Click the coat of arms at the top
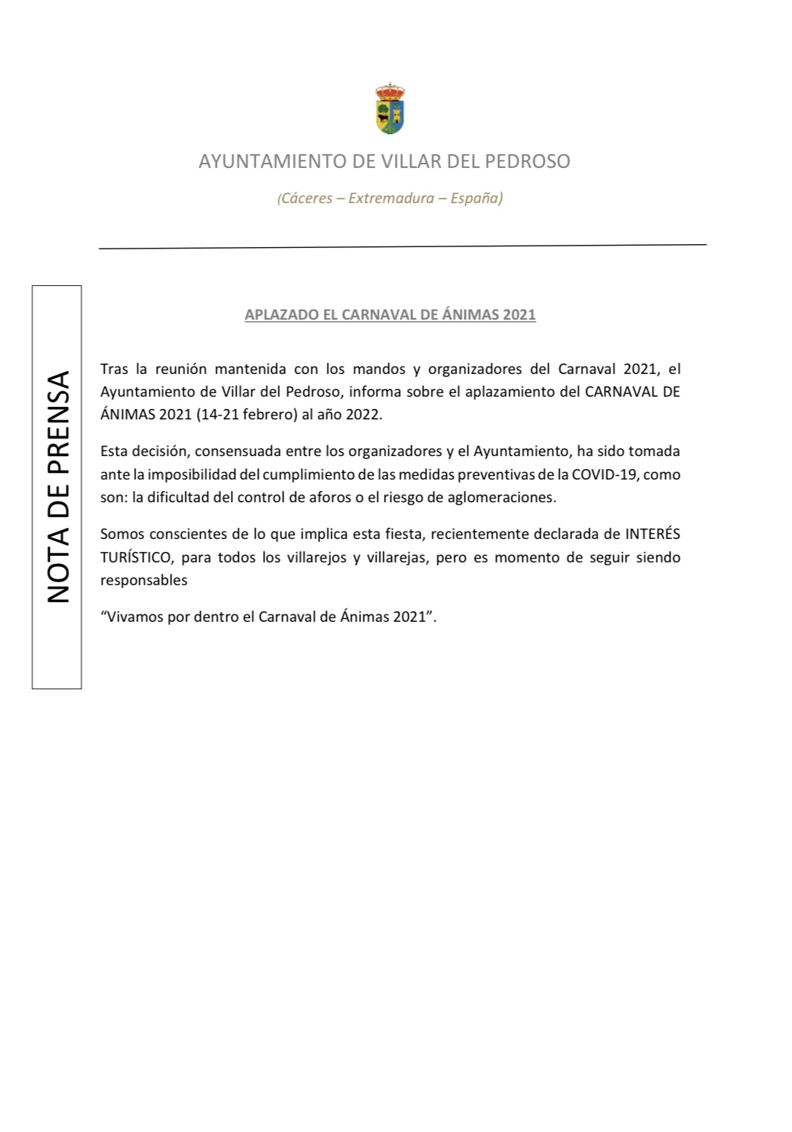[391, 109]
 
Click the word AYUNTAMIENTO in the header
[273, 161]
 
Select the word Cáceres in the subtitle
[306, 198]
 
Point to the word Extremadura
[391, 198]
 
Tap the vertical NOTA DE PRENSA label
[58, 487]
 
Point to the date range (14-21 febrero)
[247, 414]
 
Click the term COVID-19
[604, 474]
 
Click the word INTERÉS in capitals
[652, 534]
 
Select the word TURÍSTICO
[136, 557]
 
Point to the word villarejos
[314, 557]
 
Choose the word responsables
[144, 580]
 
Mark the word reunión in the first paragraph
[181, 369]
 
